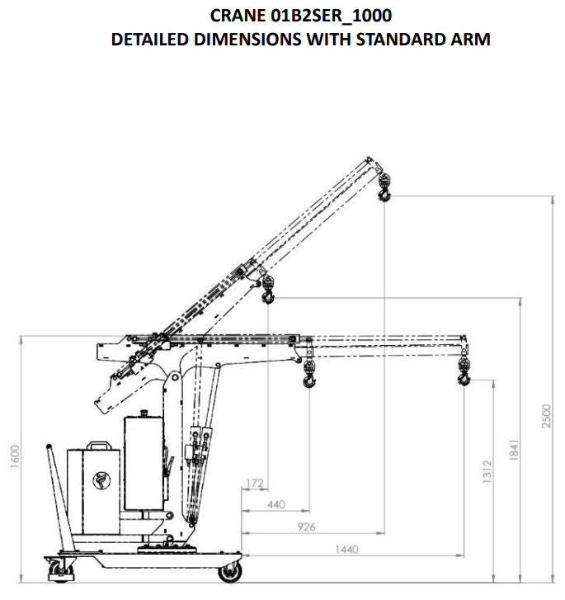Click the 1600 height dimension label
click(x=15, y=456)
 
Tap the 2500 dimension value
click(x=547, y=416)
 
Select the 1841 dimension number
click(x=514, y=450)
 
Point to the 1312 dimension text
click(x=487, y=471)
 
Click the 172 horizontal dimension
click(x=255, y=483)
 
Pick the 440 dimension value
click(x=275, y=505)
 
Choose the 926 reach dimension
click(x=306, y=527)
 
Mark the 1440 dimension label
click(x=346, y=550)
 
